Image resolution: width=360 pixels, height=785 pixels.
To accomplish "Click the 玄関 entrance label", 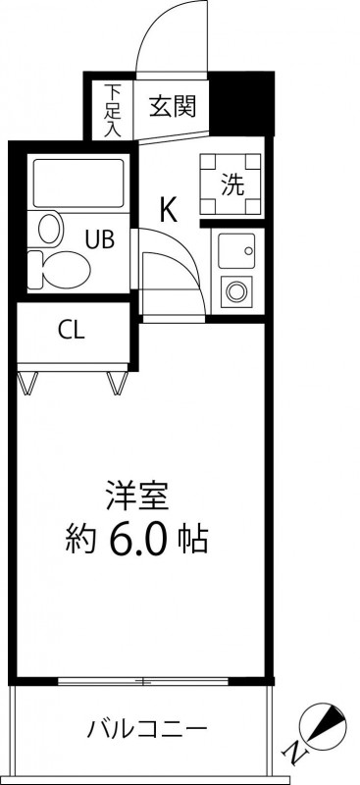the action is pyautogui.click(x=172, y=106).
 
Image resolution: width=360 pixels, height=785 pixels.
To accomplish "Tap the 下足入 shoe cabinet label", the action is pyautogui.click(x=112, y=111).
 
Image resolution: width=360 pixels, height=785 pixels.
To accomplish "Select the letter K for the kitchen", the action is pyautogui.click(x=169, y=210).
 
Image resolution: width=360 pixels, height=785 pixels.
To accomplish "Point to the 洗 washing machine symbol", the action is pyautogui.click(x=231, y=183).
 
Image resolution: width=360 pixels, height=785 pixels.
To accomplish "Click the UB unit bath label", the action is pyautogui.click(x=99, y=238).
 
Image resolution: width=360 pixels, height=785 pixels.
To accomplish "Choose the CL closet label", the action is pyautogui.click(x=71, y=330).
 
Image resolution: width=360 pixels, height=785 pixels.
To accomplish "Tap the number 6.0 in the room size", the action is pyautogui.click(x=136, y=541).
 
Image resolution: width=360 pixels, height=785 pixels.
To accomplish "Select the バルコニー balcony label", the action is pyautogui.click(x=147, y=729).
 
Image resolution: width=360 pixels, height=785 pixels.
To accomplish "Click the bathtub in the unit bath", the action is pyautogui.click(x=78, y=183).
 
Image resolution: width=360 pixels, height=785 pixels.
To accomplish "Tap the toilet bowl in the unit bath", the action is pyautogui.click(x=59, y=269).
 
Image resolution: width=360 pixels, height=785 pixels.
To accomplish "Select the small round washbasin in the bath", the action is pyautogui.click(x=51, y=229).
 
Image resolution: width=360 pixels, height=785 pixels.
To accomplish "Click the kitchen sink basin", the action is pyautogui.click(x=236, y=250).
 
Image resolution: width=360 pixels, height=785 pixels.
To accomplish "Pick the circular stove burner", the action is pyautogui.click(x=236, y=291).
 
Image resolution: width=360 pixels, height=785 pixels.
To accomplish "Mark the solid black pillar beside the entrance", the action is pyautogui.click(x=241, y=104).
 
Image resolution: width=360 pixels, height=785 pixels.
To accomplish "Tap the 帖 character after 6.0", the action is pyautogui.click(x=193, y=541).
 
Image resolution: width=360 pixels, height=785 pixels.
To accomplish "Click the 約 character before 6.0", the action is pyautogui.click(x=80, y=541).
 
